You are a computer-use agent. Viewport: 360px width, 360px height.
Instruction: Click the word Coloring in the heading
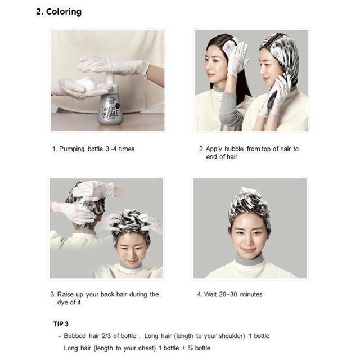[64, 12]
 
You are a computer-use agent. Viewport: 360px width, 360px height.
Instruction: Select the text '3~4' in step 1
[111, 149]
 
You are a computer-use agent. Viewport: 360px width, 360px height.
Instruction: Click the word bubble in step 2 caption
[234, 149]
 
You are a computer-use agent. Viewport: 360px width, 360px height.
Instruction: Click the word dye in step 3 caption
[62, 303]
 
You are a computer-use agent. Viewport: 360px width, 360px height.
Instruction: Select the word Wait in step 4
[210, 294]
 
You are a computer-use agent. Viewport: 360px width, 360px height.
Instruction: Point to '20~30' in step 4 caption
[228, 294]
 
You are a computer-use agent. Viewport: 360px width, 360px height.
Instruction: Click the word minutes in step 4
[251, 294]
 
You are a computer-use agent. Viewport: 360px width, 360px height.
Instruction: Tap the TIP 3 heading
[61, 324]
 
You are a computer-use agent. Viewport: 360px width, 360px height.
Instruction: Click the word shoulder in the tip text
[231, 336]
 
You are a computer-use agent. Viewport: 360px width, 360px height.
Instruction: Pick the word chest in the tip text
[146, 348]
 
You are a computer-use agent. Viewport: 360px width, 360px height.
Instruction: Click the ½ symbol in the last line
[190, 348]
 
